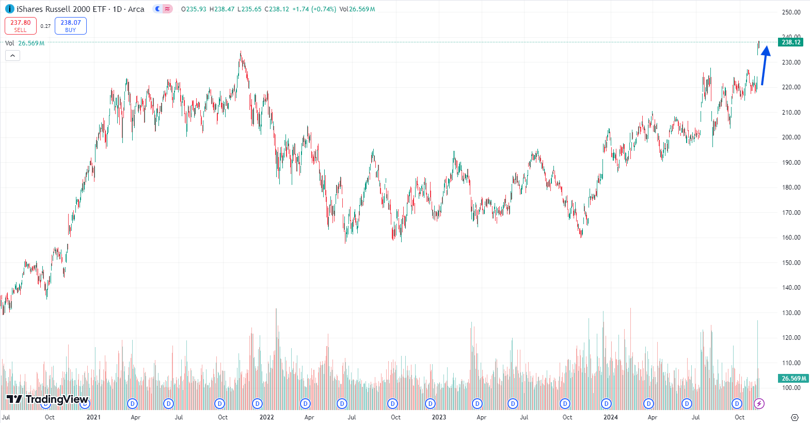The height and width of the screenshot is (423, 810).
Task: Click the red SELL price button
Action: coord(21,26)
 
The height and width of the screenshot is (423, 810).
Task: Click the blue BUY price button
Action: coord(71,26)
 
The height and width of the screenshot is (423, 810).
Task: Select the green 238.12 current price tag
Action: coord(790,42)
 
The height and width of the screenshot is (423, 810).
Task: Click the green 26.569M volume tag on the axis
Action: coord(793,379)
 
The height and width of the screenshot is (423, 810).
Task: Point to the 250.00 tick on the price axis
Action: coord(791,12)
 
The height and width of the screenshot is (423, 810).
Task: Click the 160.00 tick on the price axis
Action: coord(791,238)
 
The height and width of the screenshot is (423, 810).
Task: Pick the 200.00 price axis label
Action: coord(791,137)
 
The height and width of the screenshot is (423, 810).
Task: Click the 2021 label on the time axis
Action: coord(93,417)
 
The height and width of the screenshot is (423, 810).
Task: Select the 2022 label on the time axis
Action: coord(266,417)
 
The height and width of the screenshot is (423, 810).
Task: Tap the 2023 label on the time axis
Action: coord(439,417)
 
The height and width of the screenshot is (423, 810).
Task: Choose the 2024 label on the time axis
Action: coord(611,417)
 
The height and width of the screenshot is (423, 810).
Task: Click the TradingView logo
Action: coord(47,399)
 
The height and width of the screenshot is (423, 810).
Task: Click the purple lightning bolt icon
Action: coord(759,403)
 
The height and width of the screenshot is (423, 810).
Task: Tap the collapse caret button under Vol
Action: coord(12,55)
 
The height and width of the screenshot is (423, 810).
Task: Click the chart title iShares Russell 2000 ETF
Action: coord(61,9)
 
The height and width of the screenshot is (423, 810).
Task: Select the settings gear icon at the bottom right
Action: coord(795,417)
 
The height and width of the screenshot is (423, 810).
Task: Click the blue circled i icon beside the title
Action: coord(9,9)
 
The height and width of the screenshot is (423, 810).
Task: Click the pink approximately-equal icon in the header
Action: coord(167,9)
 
